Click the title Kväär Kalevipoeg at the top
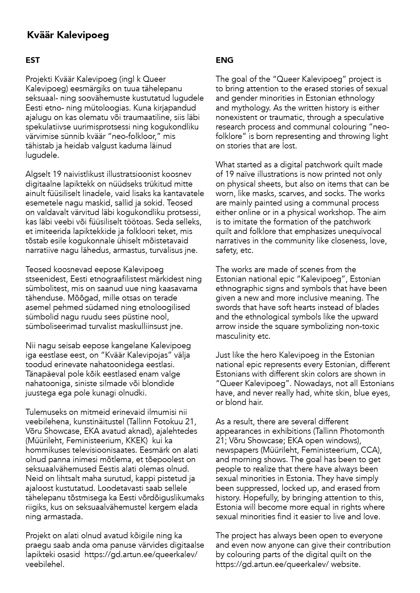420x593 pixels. [68, 35]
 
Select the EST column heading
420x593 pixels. [33, 60]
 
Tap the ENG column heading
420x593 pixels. [225, 60]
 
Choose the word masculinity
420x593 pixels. [236, 336]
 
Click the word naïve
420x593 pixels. [247, 174]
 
